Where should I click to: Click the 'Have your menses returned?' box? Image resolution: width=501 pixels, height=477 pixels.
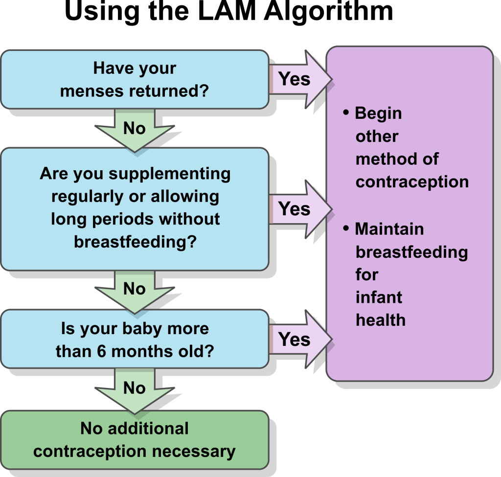(x=135, y=79)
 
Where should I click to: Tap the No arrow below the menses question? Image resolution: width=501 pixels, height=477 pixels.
(x=135, y=129)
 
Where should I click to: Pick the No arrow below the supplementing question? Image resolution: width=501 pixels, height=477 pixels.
(x=135, y=289)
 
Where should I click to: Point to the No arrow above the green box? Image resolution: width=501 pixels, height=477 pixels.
(x=135, y=388)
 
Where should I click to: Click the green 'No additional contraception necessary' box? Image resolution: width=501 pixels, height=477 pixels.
(x=135, y=439)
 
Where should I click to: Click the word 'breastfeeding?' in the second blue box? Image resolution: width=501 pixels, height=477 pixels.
(x=135, y=242)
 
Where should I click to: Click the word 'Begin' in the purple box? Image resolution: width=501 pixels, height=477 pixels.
(x=378, y=114)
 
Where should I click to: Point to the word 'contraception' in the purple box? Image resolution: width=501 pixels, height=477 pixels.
(x=412, y=182)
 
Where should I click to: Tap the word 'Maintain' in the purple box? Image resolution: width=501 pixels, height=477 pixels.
(x=389, y=229)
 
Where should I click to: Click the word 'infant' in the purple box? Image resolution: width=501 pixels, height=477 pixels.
(x=379, y=297)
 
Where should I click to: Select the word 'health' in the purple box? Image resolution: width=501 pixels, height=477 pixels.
(x=380, y=320)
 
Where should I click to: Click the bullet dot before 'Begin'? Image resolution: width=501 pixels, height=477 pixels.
(x=346, y=113)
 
